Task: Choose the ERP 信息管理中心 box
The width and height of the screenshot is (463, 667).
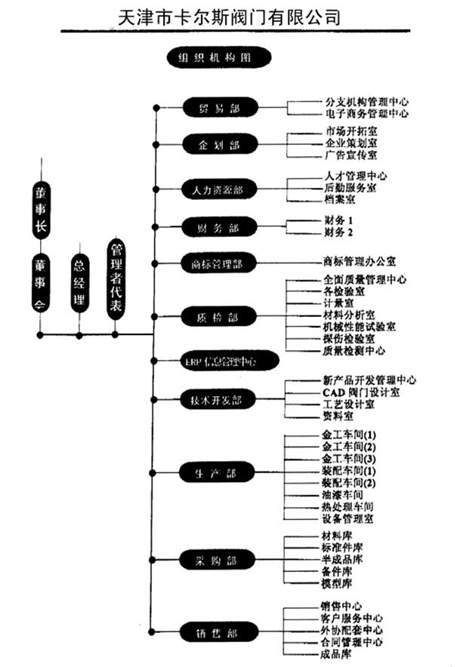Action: click(220, 361)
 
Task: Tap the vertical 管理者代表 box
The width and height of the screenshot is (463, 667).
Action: click(116, 277)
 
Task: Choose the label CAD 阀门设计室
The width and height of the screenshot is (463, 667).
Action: click(356, 392)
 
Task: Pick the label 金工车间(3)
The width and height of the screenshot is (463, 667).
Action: click(348, 459)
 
